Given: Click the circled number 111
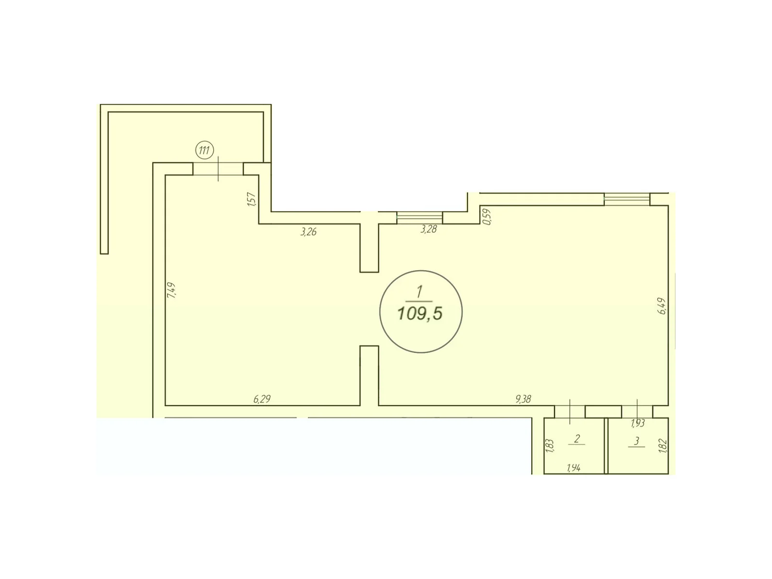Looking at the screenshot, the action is coord(205,151).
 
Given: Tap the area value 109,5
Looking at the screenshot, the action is coord(420,313).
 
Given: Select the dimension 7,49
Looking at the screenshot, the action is coord(172,290).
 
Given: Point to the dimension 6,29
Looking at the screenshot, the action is coord(262,400).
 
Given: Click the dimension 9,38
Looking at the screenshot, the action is coord(523,399).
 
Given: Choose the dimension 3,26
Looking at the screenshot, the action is coord(308,232).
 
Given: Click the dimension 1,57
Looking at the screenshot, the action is coord(252,199).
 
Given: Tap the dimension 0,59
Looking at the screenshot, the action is coord(487,217).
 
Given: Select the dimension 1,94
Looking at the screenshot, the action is coord(573,468).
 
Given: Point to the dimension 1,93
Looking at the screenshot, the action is coord(638,424).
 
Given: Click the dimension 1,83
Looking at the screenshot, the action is coord(550,445).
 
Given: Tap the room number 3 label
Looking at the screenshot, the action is coord(636,441).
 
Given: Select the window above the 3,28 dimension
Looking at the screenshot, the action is coord(419,218).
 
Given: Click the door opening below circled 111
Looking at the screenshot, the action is coord(218,169).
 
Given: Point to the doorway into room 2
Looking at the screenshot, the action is coord(570,412).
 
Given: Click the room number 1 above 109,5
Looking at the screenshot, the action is coord(419,292).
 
